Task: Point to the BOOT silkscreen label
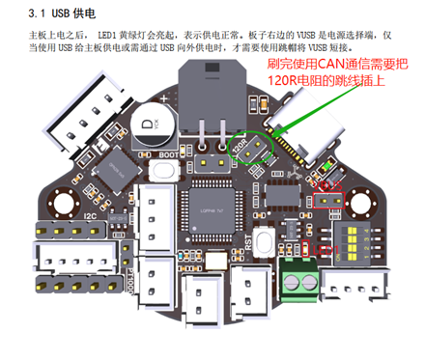pos(170,152)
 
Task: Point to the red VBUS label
pos(329,184)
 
